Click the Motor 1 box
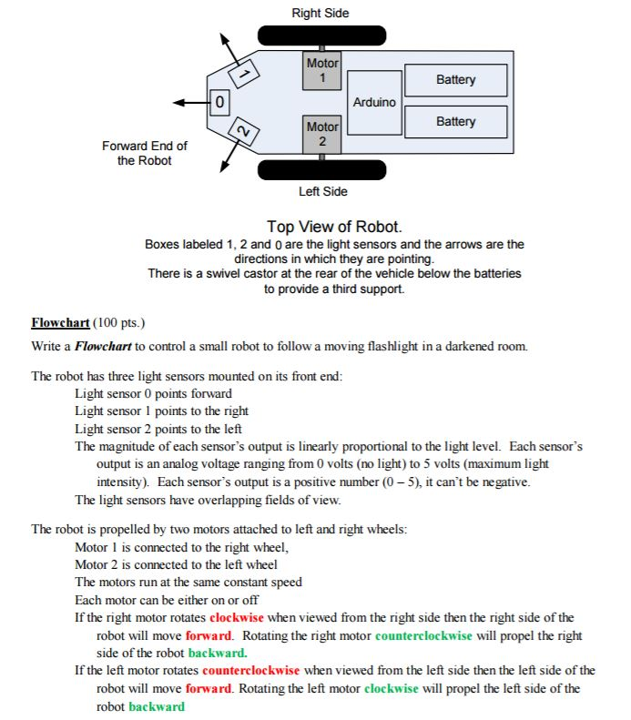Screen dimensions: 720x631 (322, 70)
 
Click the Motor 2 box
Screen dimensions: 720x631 (322, 134)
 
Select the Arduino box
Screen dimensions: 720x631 (374, 102)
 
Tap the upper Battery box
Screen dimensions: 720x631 (455, 80)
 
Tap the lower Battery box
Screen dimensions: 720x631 (455, 122)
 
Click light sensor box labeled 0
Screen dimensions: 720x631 (219, 101)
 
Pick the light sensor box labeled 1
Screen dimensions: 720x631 (243, 71)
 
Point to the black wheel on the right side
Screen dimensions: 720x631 (321, 35)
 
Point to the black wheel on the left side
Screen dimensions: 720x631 (321, 170)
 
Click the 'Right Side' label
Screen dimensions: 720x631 (320, 13)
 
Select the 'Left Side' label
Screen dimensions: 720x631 (322, 191)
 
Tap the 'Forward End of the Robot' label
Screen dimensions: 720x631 (145, 153)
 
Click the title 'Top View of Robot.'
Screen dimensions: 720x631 (334, 226)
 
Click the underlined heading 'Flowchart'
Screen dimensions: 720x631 (59, 323)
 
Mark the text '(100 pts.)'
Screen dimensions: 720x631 (118, 323)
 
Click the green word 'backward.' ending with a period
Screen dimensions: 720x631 (218, 653)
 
